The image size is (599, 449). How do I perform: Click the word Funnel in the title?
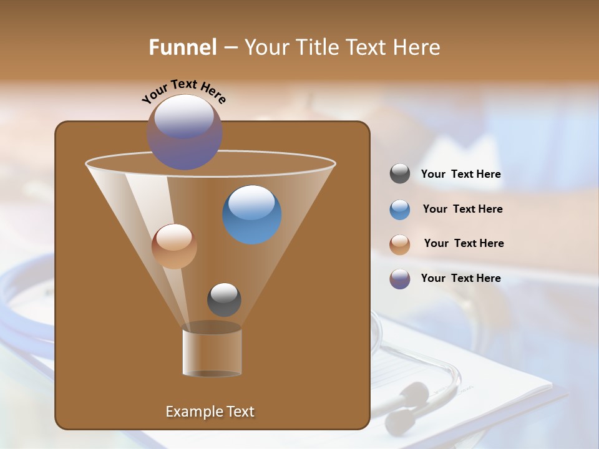[183, 47]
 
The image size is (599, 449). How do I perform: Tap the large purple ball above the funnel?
[185, 132]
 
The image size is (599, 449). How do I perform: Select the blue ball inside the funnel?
[252, 215]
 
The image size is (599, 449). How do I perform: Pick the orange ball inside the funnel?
[174, 246]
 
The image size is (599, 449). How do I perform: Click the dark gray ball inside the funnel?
[224, 299]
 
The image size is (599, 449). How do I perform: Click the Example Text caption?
[210, 412]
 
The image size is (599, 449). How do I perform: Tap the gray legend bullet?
[400, 174]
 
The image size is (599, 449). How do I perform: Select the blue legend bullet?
[400, 210]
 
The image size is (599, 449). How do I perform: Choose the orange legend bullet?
[400, 244]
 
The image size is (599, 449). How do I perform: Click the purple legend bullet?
[400, 279]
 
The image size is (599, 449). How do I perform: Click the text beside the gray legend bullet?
[460, 175]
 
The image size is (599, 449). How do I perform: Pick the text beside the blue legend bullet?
[462, 210]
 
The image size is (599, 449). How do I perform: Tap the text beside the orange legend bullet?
[464, 244]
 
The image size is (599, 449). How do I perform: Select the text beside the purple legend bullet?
[460, 278]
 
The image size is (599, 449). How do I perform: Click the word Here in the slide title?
[417, 47]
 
